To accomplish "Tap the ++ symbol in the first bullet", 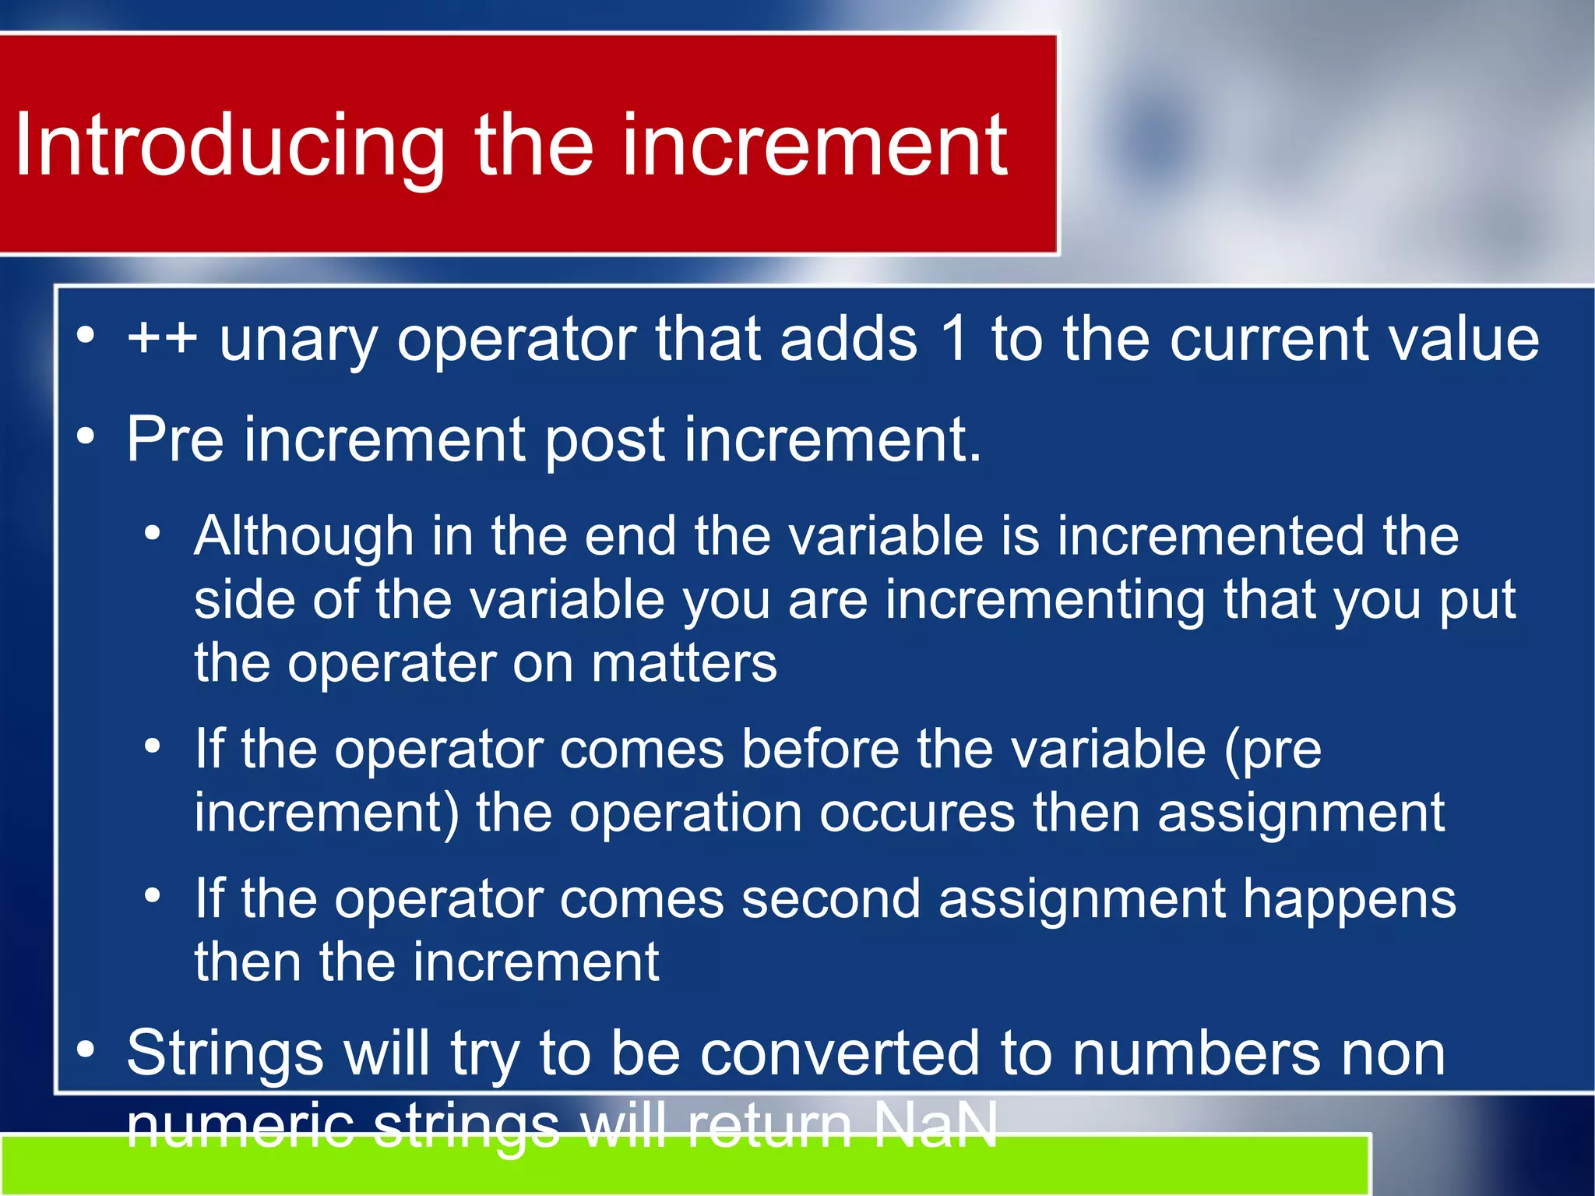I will click(x=163, y=340).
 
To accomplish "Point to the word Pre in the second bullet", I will click(x=175, y=439).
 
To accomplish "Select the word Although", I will click(x=304, y=538).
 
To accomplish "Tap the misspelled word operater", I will click(x=391, y=665).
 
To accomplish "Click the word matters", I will click(x=684, y=663).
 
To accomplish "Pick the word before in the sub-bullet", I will click(x=819, y=750).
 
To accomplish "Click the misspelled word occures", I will click(x=917, y=813).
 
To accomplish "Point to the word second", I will click(x=830, y=899).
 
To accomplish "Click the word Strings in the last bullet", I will click(x=225, y=1053).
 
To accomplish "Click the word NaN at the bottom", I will click(x=935, y=1125).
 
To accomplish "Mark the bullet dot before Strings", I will click(x=86, y=1050).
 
